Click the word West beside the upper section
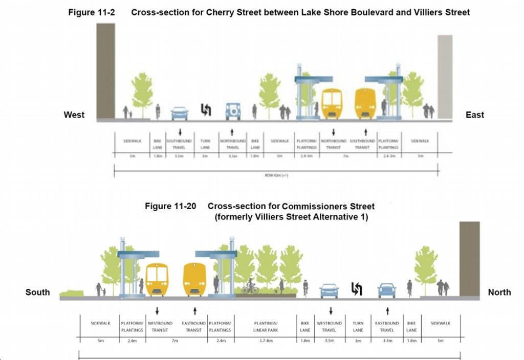coord(74,115)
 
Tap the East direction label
coord(475,115)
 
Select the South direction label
coord(38,292)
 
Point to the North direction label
coord(499,292)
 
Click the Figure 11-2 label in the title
coord(91,12)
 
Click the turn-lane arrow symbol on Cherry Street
coord(206,110)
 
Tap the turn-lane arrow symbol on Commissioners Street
coord(357,289)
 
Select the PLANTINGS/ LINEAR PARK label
coord(266,326)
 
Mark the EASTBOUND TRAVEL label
coord(387,326)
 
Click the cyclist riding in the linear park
coord(250,287)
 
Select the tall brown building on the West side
coord(105,71)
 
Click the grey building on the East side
coord(445,77)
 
